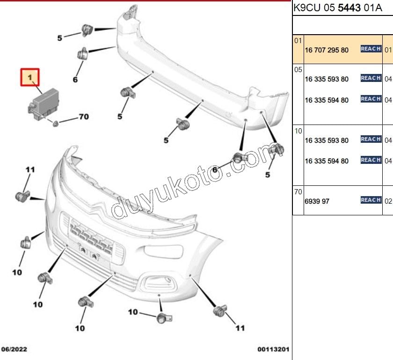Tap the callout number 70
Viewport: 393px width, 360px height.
click(x=83, y=117)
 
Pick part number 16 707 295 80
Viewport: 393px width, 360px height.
click(x=327, y=50)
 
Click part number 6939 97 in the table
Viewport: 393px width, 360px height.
click(x=317, y=201)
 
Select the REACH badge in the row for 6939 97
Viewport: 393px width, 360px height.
click(x=371, y=200)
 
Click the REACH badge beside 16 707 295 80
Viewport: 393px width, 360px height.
click(x=371, y=49)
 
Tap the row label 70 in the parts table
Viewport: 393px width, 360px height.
click(x=298, y=192)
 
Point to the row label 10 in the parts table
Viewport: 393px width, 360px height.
click(x=298, y=131)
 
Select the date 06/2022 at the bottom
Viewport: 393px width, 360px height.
click(x=14, y=349)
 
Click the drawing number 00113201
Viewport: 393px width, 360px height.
click(x=273, y=349)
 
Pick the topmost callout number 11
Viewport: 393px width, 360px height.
click(x=30, y=170)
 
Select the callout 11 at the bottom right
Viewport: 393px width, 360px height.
click(x=240, y=328)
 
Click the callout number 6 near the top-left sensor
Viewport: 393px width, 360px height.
click(x=75, y=80)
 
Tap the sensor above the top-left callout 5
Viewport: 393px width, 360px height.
click(x=86, y=29)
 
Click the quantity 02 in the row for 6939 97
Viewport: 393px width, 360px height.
click(x=388, y=201)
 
